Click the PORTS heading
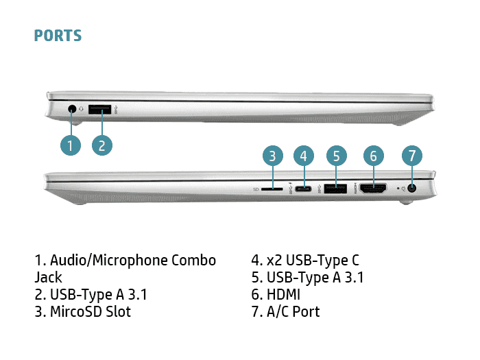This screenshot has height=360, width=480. (58, 36)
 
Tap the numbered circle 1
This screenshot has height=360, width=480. (70, 145)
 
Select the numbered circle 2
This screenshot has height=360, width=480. (101, 145)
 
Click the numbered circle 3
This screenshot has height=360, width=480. (273, 156)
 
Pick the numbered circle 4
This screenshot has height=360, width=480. (304, 156)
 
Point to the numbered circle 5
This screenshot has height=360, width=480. (335, 156)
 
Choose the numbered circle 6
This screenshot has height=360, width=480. (373, 156)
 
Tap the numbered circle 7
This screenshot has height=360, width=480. (411, 156)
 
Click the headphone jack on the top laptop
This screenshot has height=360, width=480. (73, 108)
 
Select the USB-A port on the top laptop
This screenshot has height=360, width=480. (101, 108)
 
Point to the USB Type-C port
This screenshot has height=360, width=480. (304, 188)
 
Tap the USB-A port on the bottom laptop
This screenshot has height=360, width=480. (335, 188)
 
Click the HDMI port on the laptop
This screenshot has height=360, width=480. (372, 188)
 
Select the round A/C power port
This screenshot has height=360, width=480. (412, 188)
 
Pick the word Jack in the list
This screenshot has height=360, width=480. (49, 278)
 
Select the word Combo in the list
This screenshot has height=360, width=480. (193, 261)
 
